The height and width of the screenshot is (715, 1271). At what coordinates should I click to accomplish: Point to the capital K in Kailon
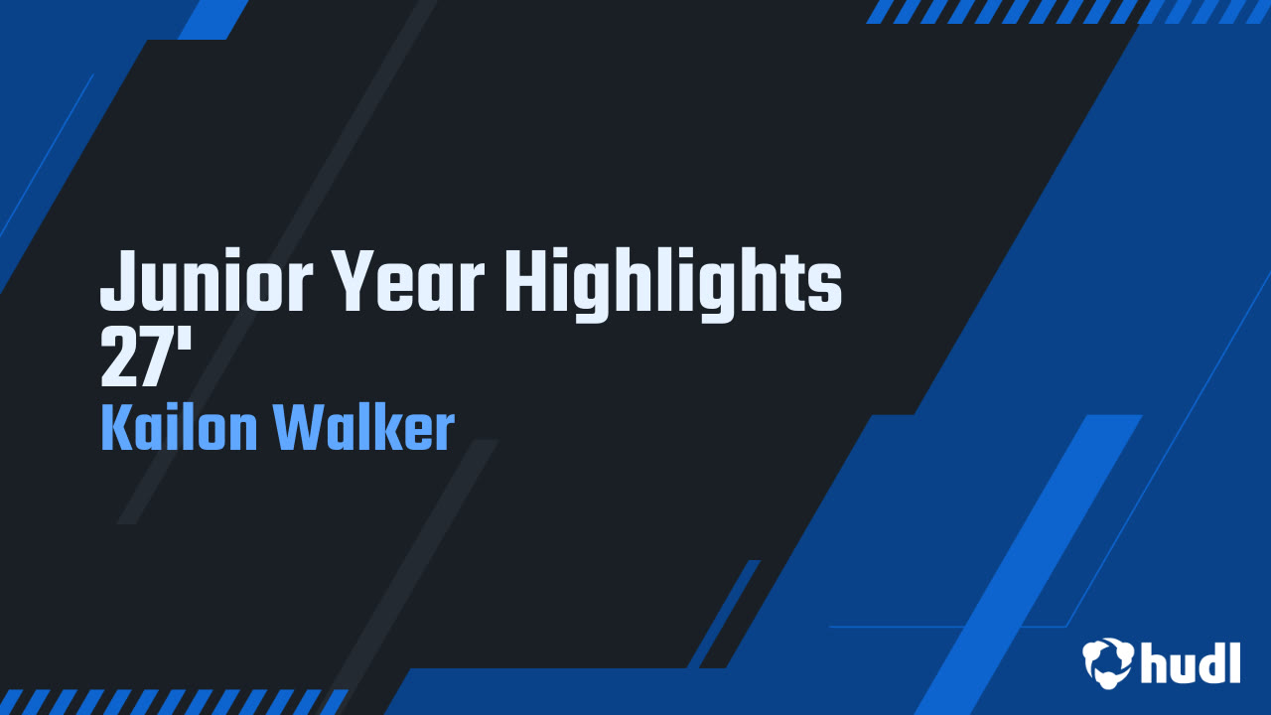coord(117,428)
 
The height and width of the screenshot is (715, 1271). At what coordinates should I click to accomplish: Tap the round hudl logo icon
coord(1107,661)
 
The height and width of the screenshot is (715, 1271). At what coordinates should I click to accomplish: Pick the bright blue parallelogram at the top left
coord(213,19)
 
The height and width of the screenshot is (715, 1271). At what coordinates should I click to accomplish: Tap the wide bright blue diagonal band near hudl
coord(1033,556)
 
